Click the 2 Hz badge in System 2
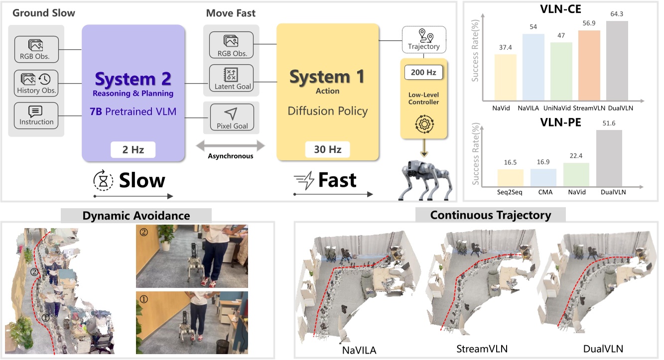133,149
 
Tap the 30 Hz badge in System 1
328,149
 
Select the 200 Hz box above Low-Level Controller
423,72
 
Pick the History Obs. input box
37,83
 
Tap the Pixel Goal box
232,118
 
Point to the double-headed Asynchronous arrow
231,145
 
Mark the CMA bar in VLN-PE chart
543,177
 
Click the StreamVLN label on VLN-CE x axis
589,107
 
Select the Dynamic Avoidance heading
136,215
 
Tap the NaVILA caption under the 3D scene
359,350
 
